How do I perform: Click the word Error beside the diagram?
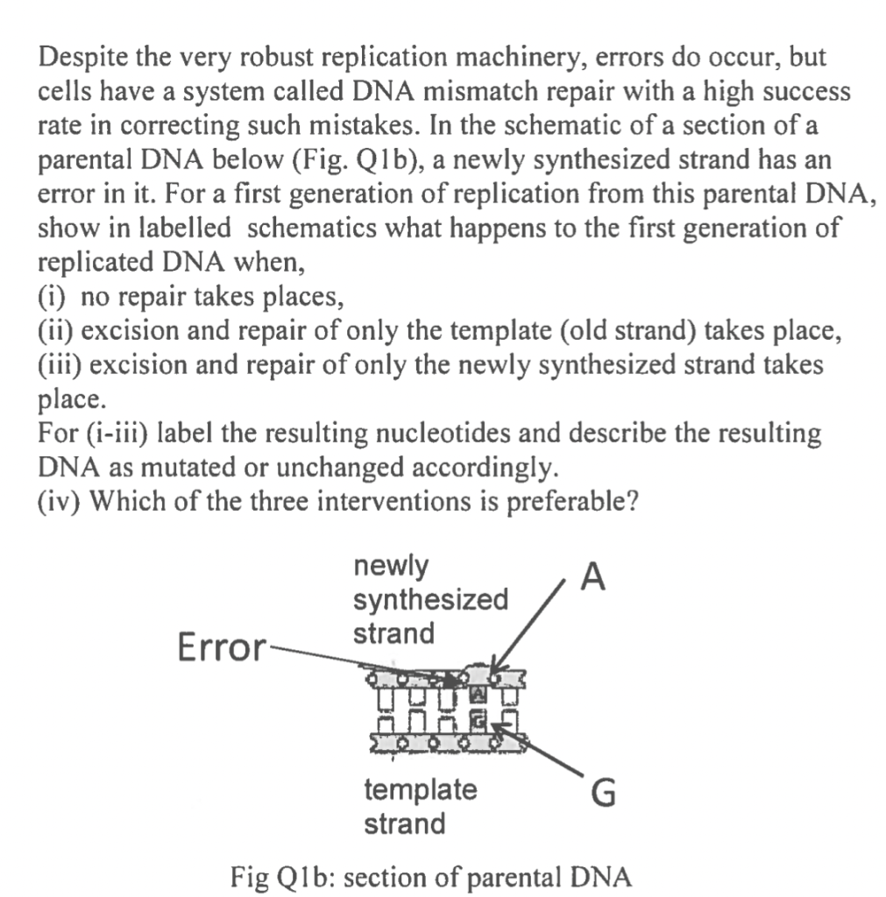220,649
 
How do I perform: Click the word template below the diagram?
421,789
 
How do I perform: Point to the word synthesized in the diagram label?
429,600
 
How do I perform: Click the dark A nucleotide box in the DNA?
478,696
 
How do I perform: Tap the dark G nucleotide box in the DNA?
478,722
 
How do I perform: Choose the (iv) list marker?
59,500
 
